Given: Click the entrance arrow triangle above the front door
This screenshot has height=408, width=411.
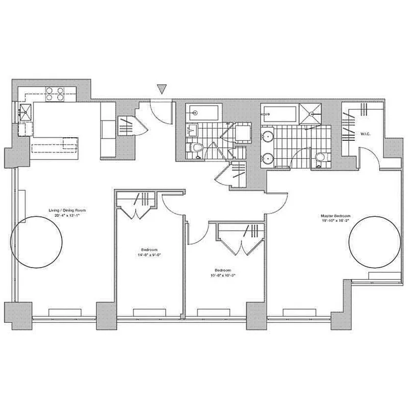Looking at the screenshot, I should [x=162, y=90].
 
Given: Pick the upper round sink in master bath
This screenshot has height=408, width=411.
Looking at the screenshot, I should [x=268, y=137].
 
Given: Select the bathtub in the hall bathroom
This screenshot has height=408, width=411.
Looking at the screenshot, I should [x=202, y=112].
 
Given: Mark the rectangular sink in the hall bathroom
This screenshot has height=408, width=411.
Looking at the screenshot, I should [x=193, y=131].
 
